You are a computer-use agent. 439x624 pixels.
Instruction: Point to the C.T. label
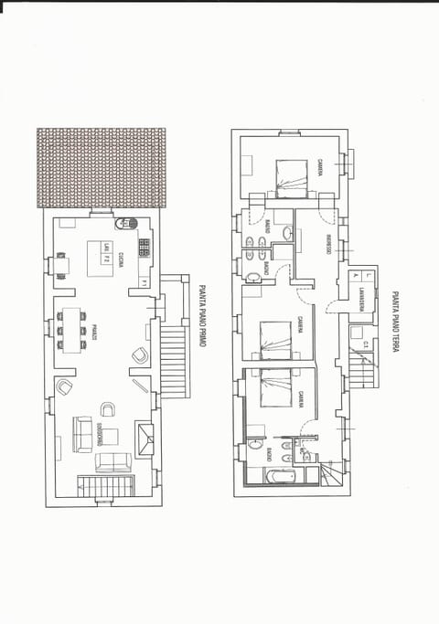click(364, 344)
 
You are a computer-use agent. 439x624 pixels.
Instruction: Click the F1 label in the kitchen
click(143, 284)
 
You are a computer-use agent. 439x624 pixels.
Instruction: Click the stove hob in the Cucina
click(144, 248)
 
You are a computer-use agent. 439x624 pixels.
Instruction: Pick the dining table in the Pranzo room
click(70, 330)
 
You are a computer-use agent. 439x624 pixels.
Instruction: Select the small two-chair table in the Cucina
click(62, 265)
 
